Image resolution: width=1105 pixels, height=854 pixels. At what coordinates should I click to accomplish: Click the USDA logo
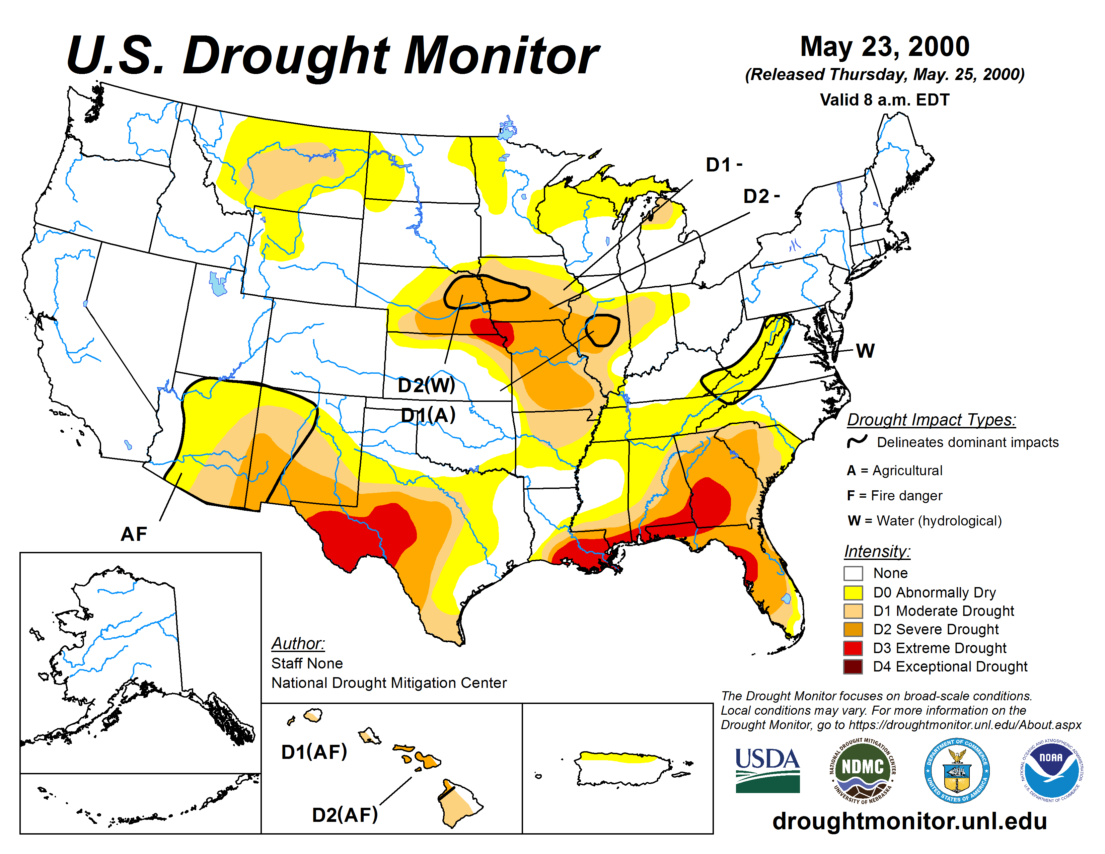[767, 770]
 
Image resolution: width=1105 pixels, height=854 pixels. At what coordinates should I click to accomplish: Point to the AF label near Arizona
[134, 534]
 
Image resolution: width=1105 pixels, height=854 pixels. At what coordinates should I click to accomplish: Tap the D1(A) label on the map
[428, 415]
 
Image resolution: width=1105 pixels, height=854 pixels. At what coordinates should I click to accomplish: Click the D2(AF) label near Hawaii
[345, 814]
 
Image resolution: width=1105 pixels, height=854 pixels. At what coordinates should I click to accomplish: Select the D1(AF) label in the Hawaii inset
[314, 752]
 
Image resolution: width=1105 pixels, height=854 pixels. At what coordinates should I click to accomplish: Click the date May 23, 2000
[884, 47]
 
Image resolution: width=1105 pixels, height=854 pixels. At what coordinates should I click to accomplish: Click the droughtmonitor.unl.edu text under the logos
[909, 821]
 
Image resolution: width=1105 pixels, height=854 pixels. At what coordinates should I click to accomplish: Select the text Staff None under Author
[307, 663]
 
